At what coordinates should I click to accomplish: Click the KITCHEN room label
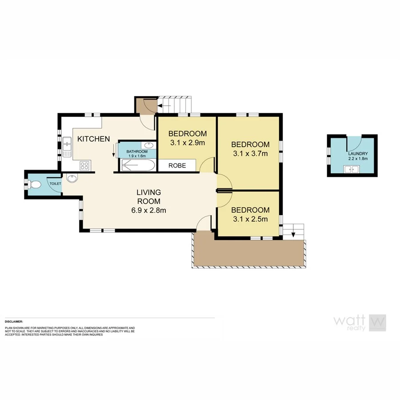click(x=93, y=139)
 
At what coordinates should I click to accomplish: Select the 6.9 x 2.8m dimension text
click(x=148, y=211)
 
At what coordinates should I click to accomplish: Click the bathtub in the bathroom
click(x=138, y=166)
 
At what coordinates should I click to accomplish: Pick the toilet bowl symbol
click(x=36, y=184)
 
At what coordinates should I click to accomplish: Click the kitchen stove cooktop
click(x=84, y=166)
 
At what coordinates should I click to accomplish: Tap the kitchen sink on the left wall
click(x=67, y=143)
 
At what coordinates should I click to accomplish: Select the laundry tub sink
click(x=351, y=169)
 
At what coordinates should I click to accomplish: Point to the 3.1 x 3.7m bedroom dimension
click(x=250, y=154)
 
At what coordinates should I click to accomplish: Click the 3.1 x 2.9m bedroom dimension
click(x=187, y=143)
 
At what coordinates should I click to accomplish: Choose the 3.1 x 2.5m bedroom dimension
click(x=250, y=219)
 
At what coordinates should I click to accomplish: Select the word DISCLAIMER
click(x=14, y=321)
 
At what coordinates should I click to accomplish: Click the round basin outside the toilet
click(x=71, y=178)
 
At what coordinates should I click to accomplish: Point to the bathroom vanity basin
click(x=149, y=146)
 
